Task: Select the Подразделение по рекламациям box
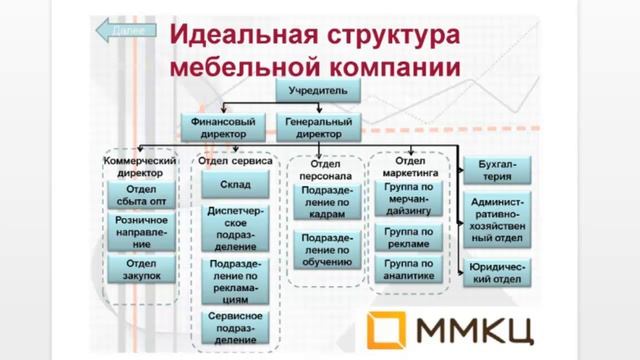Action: tap(235, 281)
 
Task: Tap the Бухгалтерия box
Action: tap(496, 170)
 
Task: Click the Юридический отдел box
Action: tap(496, 272)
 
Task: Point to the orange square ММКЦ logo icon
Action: tap(391, 328)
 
